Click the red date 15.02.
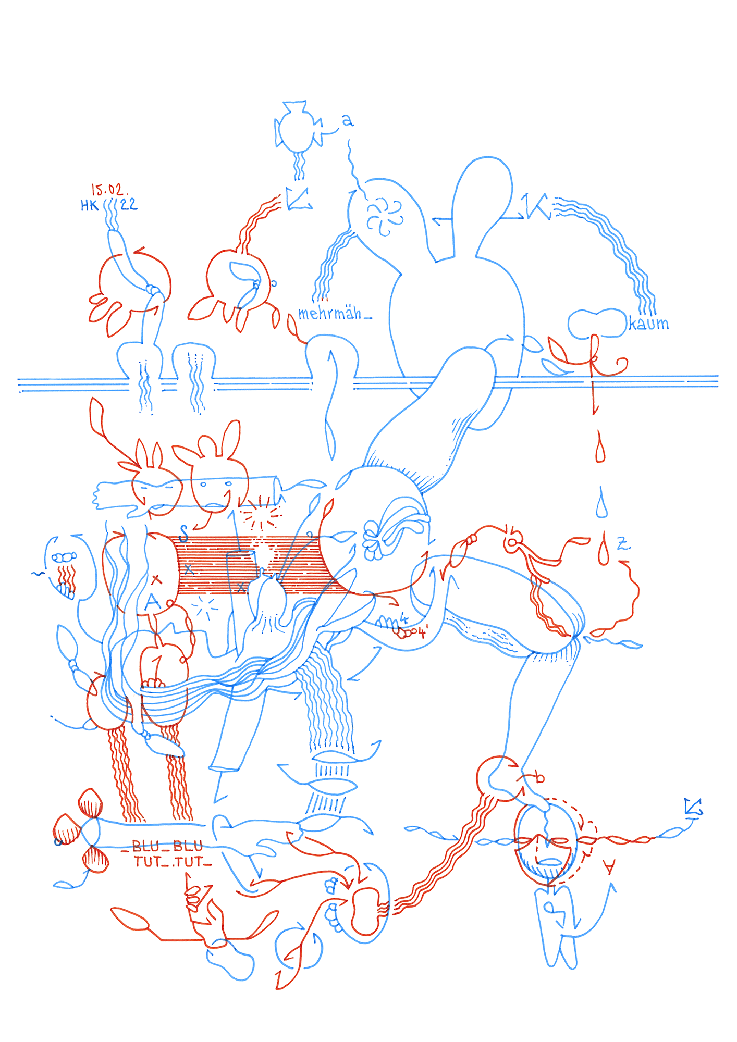pyautogui.click(x=109, y=190)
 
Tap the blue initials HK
pyautogui.click(x=89, y=206)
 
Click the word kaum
pyautogui.click(x=648, y=324)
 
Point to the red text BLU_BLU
pyautogui.click(x=167, y=846)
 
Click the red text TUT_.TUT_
pyautogui.click(x=172, y=862)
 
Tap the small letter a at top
pyautogui.click(x=348, y=121)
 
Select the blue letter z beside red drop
pyautogui.click(x=623, y=545)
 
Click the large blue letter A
pyautogui.click(x=152, y=602)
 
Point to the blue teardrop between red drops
pyautogui.click(x=602, y=503)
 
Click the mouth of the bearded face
pyautogui.click(x=547, y=861)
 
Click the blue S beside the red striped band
pyautogui.click(x=183, y=533)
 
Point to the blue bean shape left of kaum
pyautogui.click(x=597, y=323)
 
